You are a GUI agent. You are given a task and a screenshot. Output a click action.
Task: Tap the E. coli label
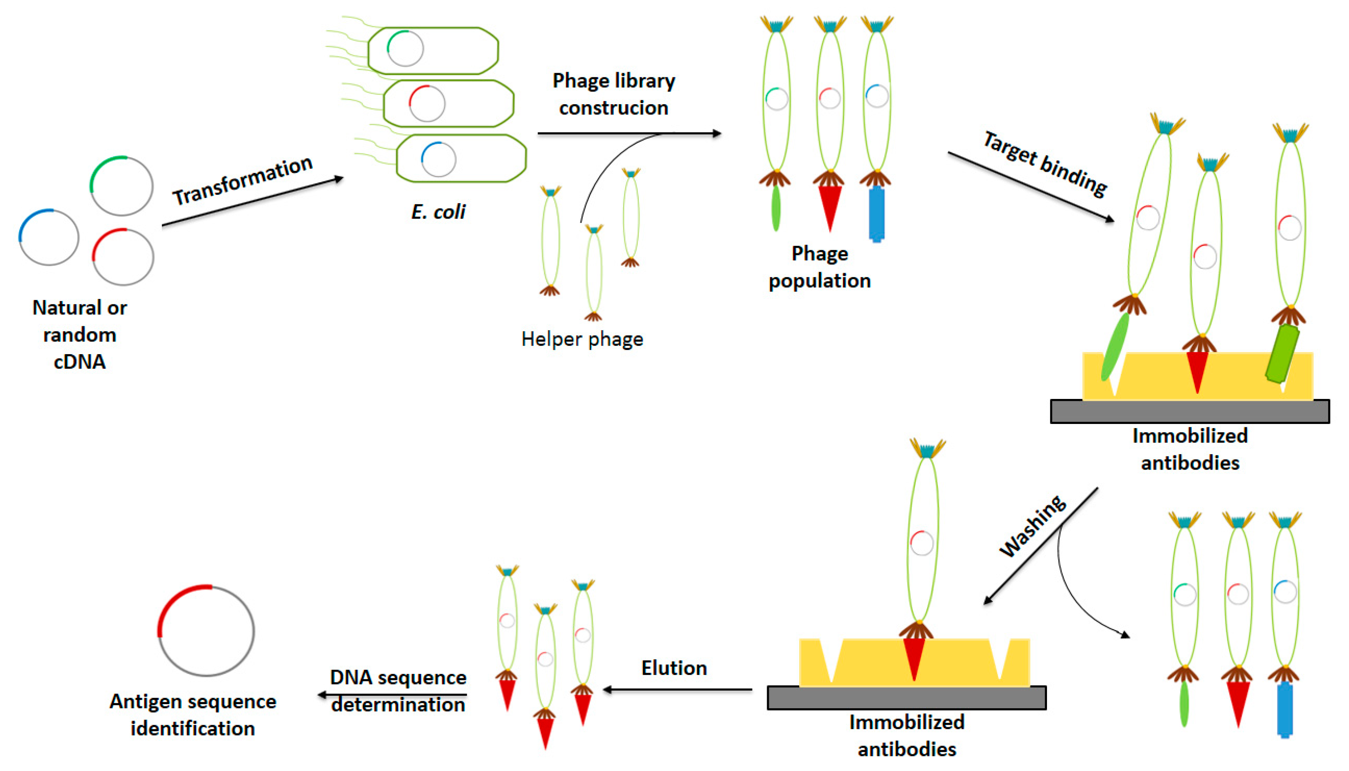(x=438, y=212)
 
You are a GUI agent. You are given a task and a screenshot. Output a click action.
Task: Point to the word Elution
(x=674, y=668)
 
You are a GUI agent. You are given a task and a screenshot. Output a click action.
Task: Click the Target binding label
(x=1045, y=164)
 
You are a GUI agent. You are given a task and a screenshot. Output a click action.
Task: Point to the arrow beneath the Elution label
(x=678, y=690)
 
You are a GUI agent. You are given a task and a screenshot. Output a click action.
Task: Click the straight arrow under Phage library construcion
(x=629, y=133)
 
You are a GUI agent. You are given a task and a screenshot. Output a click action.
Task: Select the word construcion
(x=613, y=108)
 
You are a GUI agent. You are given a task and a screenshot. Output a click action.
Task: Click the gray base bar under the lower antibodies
(x=906, y=698)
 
